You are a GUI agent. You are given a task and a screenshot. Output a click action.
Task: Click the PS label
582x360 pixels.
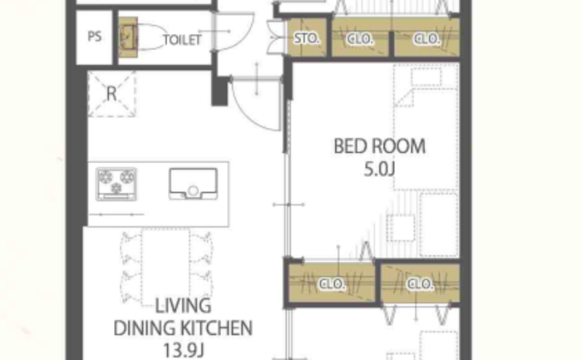tap(95, 37)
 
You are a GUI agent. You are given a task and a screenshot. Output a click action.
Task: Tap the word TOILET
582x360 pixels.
tap(182, 40)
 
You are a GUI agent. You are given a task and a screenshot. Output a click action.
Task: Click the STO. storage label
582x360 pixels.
tap(307, 38)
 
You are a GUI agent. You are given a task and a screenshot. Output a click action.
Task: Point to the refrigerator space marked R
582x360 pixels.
tap(111, 94)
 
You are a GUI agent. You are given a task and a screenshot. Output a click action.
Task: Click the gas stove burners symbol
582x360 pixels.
tap(116, 184)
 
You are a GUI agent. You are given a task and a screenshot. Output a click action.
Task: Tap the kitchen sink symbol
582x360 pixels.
tap(194, 184)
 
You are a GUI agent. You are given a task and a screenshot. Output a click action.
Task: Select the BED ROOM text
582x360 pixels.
tap(379, 146)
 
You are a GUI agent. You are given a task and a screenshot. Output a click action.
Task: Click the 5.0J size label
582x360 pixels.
tap(379, 170)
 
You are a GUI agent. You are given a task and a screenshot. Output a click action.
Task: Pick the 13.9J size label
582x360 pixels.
tap(184, 350)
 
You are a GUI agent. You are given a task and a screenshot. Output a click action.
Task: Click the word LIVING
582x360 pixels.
tap(183, 306)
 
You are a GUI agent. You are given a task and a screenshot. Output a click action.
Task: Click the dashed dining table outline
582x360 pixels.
tap(165, 267)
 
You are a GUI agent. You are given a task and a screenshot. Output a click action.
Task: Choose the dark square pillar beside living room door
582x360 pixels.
tap(219, 91)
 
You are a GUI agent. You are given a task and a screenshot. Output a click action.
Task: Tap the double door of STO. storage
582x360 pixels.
tap(276, 37)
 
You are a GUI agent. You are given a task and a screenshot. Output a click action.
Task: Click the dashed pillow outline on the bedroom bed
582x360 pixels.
tap(427, 77)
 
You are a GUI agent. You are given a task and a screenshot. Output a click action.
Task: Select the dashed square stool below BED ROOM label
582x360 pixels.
tap(401, 228)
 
